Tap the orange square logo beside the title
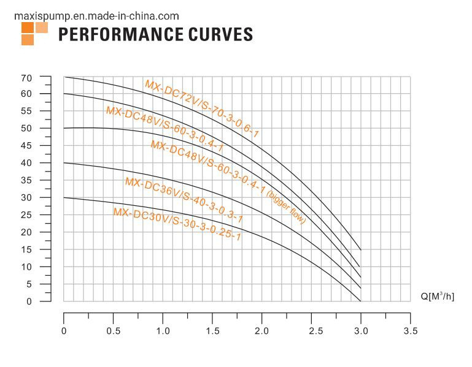[34, 34]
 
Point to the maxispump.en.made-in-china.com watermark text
[96, 16]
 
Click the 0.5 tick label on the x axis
[113, 331]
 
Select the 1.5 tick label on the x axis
[212, 331]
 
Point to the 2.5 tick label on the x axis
[312, 331]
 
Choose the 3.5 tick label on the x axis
[411, 331]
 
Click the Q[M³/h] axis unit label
[438, 297]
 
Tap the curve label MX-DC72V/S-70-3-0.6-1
[203, 108]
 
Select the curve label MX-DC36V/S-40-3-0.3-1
[184, 200]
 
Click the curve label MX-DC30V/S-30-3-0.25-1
[177, 224]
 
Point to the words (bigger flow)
[287, 207]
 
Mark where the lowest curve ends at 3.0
[361, 301]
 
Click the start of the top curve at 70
[65, 77]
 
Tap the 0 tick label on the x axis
[64, 331]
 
